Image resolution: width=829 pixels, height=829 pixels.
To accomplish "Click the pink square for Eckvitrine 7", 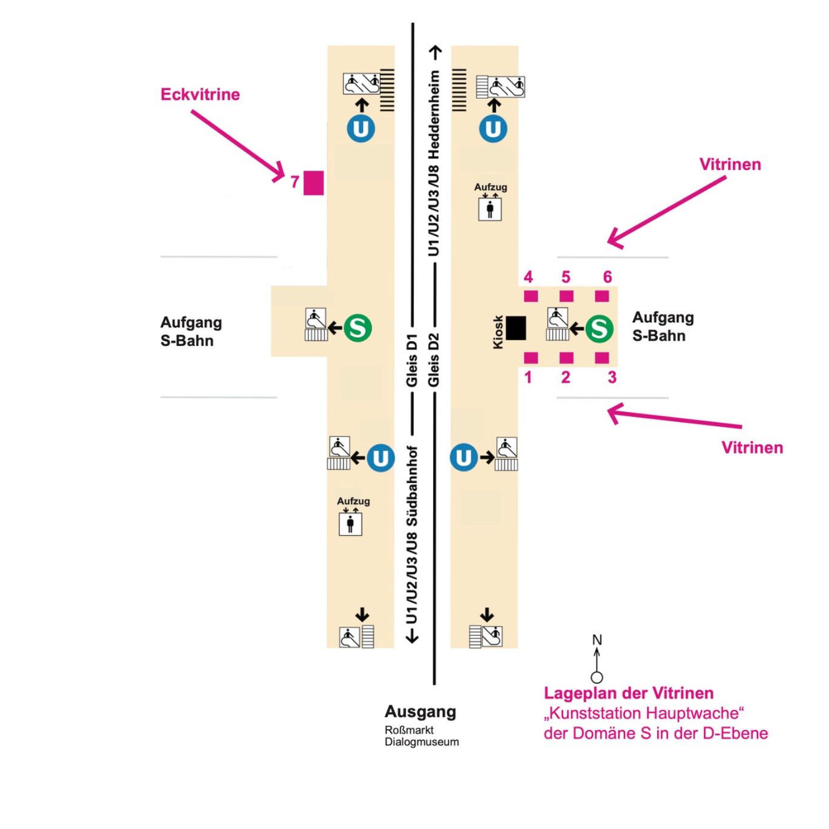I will click(313, 183).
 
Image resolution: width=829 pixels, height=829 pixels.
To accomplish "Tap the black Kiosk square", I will click(516, 328).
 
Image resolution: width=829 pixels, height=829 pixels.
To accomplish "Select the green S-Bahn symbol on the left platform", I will click(357, 328).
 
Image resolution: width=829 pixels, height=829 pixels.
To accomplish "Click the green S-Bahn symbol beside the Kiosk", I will click(599, 328).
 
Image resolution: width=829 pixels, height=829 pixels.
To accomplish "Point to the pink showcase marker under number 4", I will click(530, 296).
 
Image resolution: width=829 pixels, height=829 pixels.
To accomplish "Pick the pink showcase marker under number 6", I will click(601, 296).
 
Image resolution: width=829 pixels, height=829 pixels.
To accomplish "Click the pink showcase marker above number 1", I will click(530, 358).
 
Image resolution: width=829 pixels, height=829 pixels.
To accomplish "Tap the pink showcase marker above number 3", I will click(601, 358).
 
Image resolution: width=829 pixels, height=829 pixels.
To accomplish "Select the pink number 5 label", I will click(566, 277).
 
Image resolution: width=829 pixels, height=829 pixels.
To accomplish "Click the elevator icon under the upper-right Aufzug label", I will click(490, 209).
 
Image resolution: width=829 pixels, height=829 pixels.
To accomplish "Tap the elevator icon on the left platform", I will click(350, 524).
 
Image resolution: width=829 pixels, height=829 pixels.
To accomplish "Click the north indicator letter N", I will click(597, 640).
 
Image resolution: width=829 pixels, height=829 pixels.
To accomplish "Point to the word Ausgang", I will click(420, 711).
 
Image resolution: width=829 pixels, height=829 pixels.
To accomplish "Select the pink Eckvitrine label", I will click(200, 95).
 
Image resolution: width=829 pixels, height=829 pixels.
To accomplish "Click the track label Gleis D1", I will click(412, 359).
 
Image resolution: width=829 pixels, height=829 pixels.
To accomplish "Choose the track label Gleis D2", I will click(433, 359).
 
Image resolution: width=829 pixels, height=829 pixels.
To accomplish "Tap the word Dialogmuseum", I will click(422, 742).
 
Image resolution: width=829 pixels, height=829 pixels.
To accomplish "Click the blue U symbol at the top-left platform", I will click(361, 129).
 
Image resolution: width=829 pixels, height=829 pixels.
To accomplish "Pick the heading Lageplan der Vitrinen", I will click(628, 693).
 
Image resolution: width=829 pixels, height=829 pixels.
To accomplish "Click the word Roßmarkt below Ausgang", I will click(409, 730).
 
